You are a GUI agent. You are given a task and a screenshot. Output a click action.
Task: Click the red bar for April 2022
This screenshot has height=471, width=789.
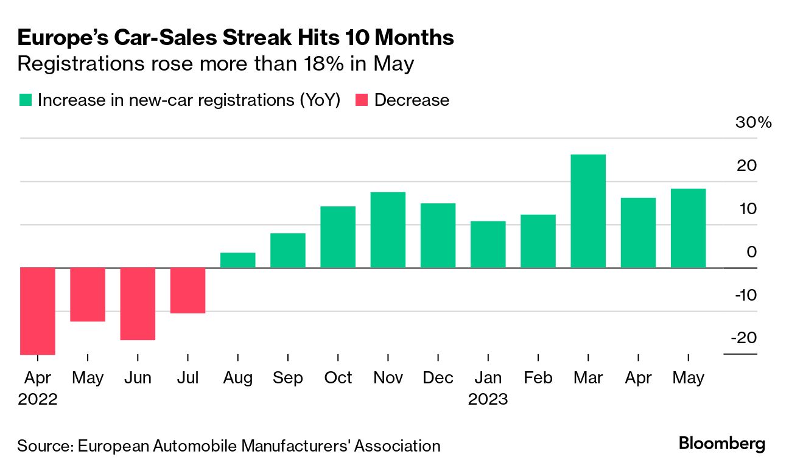point(38,311)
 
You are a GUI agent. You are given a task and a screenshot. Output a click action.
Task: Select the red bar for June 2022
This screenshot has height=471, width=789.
point(138,304)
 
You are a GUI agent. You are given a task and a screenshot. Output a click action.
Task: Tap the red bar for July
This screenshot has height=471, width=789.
point(188,290)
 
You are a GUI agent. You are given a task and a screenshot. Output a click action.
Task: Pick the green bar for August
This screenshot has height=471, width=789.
point(238,260)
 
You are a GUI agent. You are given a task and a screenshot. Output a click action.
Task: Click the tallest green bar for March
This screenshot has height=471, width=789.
point(588,211)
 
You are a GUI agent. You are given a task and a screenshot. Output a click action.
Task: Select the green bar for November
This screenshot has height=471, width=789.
point(388,230)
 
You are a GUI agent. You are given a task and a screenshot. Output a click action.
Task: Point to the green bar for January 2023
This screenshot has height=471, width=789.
point(488,244)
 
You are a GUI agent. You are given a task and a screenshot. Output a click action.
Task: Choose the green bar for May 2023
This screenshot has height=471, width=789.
point(688,228)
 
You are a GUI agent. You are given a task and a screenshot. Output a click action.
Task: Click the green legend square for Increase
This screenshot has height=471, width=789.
point(25,100)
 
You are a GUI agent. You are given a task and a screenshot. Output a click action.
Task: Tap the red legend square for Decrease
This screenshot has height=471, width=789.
point(362,100)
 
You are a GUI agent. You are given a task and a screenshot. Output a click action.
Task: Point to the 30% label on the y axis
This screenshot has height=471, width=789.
point(753,122)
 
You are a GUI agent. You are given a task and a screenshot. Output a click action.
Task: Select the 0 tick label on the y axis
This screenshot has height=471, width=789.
point(751,252)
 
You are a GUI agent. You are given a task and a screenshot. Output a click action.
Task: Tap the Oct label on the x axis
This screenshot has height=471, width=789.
point(338,378)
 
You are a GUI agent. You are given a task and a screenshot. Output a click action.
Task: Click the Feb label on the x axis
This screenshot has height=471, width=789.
point(538,378)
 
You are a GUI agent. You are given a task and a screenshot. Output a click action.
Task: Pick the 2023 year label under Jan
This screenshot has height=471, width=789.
point(488,400)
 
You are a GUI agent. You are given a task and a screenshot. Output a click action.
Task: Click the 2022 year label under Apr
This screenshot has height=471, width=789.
point(38,400)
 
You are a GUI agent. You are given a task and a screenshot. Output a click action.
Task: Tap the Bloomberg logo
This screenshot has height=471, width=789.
point(722,444)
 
